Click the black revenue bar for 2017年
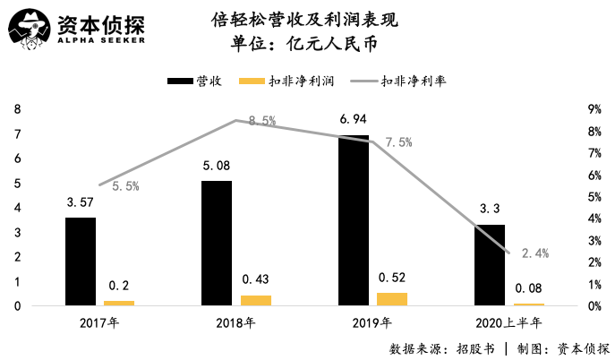point(81,261)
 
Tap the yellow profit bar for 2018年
point(256,300)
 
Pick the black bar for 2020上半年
point(490,265)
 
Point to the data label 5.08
point(217,165)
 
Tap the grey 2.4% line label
point(534,253)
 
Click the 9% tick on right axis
point(594,109)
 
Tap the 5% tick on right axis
point(594,197)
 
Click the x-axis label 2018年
point(236,323)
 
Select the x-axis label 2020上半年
point(508,323)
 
